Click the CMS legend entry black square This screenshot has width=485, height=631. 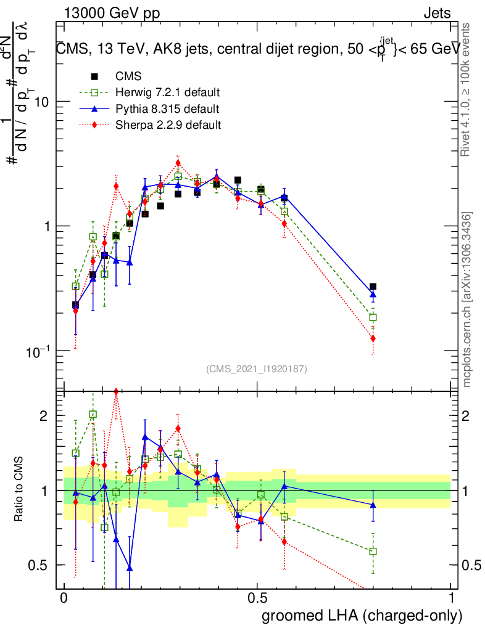click(x=94, y=77)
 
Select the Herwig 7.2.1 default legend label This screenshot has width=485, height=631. click(x=168, y=93)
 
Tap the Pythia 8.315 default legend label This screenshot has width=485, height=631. click(x=167, y=109)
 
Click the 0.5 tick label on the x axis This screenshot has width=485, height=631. click(x=257, y=599)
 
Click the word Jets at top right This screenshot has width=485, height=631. click(x=437, y=14)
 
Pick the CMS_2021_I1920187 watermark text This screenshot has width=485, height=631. click(x=257, y=369)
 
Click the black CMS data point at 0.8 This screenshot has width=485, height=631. click(x=373, y=287)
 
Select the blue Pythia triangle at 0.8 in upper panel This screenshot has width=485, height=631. click(x=373, y=296)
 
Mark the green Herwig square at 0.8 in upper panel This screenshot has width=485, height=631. click(x=373, y=317)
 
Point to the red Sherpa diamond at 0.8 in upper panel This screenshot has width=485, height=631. click(x=373, y=338)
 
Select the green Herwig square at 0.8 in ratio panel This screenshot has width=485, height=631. click(x=373, y=552)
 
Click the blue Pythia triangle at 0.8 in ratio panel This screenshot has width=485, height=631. click(x=373, y=505)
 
